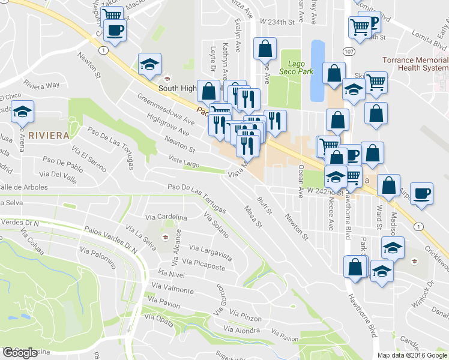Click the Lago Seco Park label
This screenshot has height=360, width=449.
point(292,67)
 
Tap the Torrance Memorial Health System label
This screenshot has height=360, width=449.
point(415,64)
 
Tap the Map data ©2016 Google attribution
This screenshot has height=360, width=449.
point(412,355)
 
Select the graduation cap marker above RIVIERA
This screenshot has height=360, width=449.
point(23,112)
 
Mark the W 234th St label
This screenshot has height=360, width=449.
point(277,22)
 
